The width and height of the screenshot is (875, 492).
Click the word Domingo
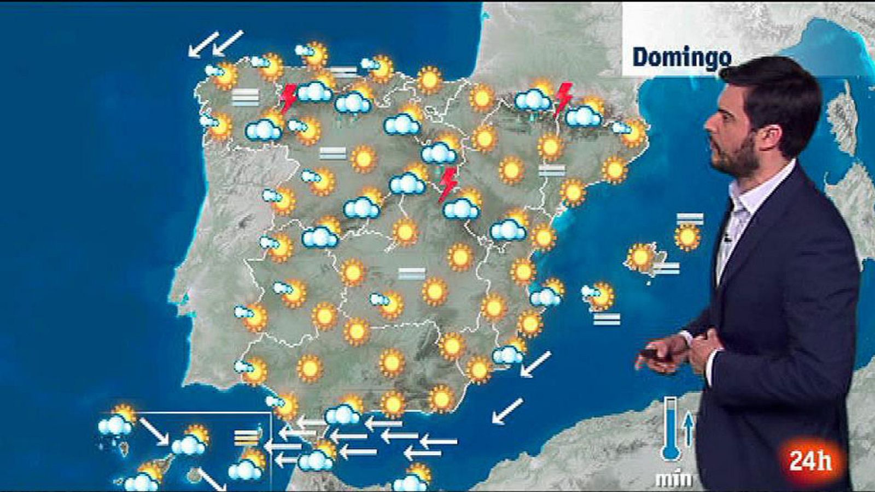coord(681,57)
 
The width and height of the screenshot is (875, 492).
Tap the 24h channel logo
coord(810,461)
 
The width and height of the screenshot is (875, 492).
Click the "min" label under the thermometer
coord(673,480)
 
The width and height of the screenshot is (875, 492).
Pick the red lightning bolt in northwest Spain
coord(288,98)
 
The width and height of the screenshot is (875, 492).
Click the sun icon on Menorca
coord(687,237)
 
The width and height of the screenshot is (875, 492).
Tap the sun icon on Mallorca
coord(640,256)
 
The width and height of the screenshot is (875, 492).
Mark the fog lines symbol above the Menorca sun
coord(690,219)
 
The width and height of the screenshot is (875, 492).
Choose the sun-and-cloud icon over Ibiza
coord(600,295)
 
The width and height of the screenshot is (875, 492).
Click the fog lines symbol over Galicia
coord(245,97)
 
